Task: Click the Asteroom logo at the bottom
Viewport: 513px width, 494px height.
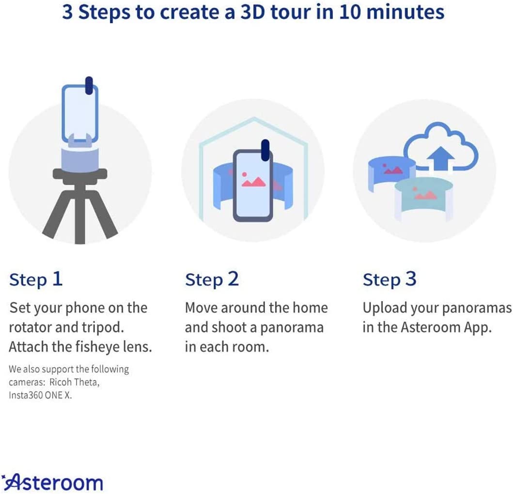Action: click(x=52, y=482)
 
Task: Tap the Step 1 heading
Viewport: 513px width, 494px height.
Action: click(x=36, y=280)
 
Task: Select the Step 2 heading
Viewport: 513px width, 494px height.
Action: click(x=212, y=280)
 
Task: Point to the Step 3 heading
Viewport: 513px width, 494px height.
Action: click(x=389, y=280)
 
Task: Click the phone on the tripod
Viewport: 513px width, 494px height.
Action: click(x=80, y=113)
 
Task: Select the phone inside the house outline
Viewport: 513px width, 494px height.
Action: click(x=252, y=185)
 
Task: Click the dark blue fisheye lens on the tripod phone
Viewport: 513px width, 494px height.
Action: click(x=89, y=86)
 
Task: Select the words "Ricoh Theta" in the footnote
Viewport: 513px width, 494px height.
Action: click(x=74, y=382)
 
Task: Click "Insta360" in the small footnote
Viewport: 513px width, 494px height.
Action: click(x=26, y=395)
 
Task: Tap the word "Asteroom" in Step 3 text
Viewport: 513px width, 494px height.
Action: click(x=431, y=327)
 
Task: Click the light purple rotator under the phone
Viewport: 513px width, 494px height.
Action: click(x=80, y=159)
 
